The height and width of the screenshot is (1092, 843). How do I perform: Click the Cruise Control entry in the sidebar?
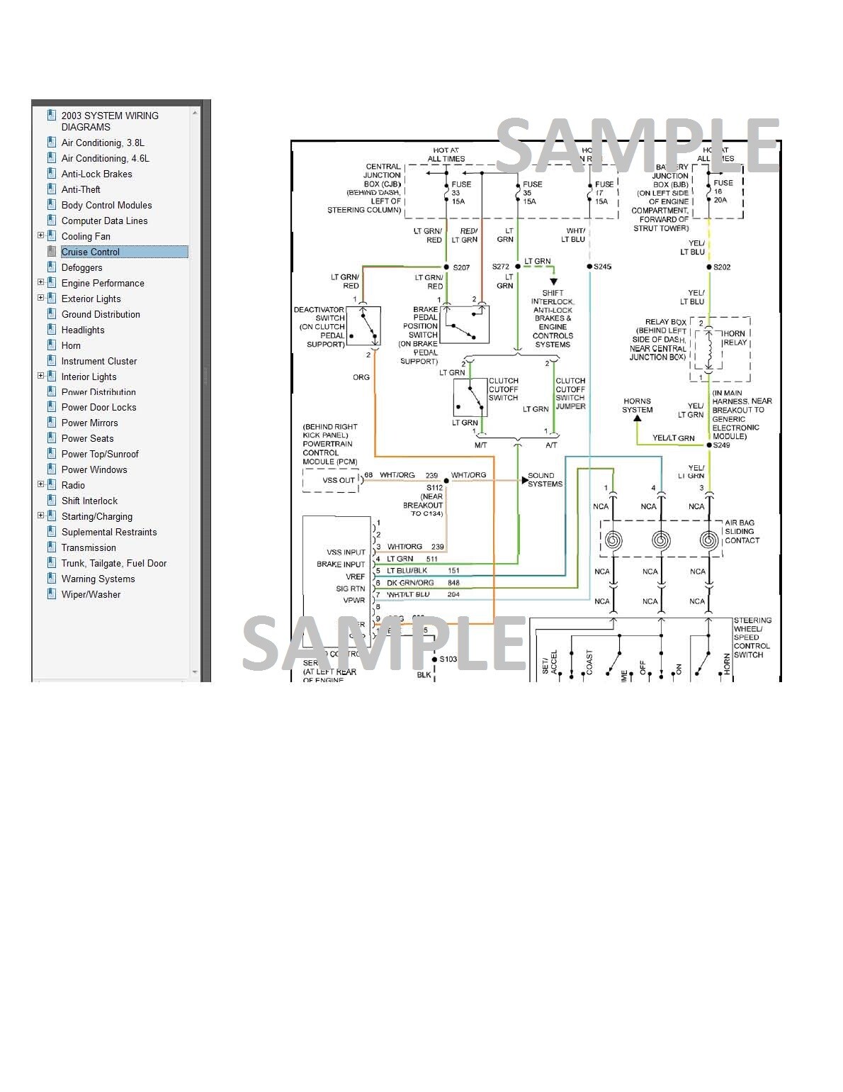[90, 252]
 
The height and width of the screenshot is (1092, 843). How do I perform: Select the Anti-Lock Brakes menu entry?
[96, 174]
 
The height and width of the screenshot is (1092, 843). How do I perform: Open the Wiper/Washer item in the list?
[91, 594]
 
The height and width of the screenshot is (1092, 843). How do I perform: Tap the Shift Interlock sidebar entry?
[89, 501]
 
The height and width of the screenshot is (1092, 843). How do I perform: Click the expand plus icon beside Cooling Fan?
[40, 235]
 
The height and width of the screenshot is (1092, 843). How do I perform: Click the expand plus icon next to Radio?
[40, 484]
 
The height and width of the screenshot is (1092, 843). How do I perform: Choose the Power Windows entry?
[94, 469]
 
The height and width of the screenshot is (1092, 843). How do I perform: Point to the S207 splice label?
[461, 267]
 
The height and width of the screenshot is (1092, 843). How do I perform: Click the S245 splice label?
[602, 267]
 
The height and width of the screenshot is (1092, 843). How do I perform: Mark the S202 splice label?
[722, 267]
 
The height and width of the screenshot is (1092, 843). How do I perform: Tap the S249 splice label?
[721, 445]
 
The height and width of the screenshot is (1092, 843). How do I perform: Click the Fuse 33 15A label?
[460, 193]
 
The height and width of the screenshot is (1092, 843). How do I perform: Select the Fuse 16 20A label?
[723, 191]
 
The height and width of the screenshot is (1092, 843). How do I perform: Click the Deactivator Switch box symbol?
[363, 326]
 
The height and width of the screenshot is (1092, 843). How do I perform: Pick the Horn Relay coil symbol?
[709, 348]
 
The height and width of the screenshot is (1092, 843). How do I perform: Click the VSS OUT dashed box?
[331, 481]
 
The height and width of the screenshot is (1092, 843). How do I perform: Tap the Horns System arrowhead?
[638, 418]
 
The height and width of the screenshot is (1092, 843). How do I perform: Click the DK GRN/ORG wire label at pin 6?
[410, 583]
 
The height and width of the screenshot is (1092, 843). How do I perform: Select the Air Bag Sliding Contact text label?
[742, 531]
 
